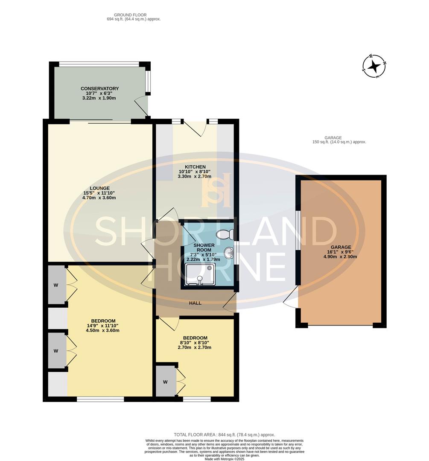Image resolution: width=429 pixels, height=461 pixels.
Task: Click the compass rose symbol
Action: coord(374,67)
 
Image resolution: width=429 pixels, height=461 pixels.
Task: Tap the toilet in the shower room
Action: coord(224,234)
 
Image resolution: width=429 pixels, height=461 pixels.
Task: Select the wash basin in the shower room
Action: coord(229,253)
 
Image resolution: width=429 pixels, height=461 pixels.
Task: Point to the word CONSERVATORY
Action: coord(99,89)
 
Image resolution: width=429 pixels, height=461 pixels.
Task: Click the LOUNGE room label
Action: coord(99,188)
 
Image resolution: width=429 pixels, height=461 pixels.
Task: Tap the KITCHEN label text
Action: coord(195,167)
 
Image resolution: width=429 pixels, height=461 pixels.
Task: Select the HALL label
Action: coord(195,303)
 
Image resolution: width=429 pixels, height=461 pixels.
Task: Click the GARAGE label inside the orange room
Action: coord(340,247)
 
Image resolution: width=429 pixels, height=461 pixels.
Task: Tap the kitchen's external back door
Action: coord(195,128)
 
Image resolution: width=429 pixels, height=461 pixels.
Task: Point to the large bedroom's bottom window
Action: coord(100,399)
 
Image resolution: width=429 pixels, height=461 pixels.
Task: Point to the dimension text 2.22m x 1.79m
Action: coord(203,259)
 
